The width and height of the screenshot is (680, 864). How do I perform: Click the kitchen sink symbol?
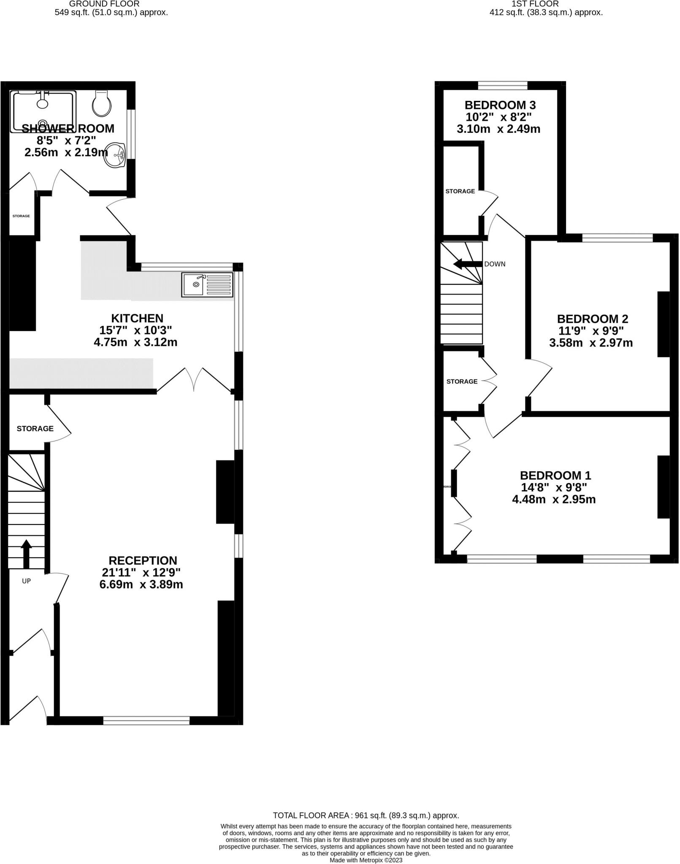[x=207, y=284]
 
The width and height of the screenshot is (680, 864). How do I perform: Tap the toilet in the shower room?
[x=102, y=104]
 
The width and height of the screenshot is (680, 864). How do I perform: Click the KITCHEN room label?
[x=137, y=318]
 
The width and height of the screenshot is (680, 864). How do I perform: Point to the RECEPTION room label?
[x=143, y=561]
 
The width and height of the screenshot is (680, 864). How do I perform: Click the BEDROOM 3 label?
[x=500, y=105]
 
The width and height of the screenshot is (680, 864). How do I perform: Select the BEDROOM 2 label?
[x=592, y=319]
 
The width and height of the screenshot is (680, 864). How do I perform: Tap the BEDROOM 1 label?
[x=555, y=475]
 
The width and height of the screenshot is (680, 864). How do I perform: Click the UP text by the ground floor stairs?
[x=26, y=581]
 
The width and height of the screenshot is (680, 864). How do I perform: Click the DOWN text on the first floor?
[x=494, y=264]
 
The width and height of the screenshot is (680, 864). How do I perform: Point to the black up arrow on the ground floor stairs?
[x=26, y=553]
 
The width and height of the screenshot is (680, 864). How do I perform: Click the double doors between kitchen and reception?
[x=194, y=380]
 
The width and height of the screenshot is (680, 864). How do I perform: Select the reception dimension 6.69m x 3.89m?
[x=141, y=585]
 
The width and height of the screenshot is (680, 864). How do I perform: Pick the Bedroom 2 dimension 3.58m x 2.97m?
[x=591, y=343]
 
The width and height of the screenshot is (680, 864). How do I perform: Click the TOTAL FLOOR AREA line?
[x=366, y=815]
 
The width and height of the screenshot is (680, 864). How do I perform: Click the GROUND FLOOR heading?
[x=104, y=4]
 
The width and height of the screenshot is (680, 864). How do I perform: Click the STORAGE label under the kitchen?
[x=35, y=429]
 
